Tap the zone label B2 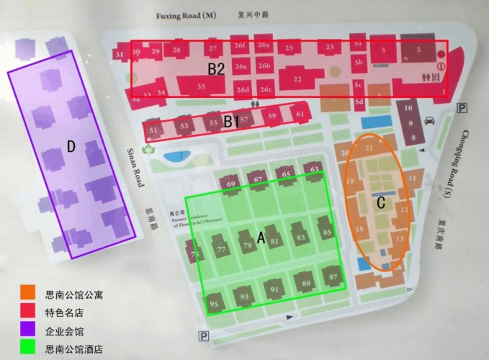pos(217,69)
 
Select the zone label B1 pos(230,122)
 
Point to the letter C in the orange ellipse pos(381,203)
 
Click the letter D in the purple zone pos(71,146)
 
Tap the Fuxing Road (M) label pos(186,15)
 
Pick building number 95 pos(214,304)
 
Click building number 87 pos(333,277)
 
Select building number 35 pos(201,87)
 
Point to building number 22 pos(297,78)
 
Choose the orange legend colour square pos(27,293)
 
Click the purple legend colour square pos(27,331)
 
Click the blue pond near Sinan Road pos(174,156)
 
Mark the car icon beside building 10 pos(430,120)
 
